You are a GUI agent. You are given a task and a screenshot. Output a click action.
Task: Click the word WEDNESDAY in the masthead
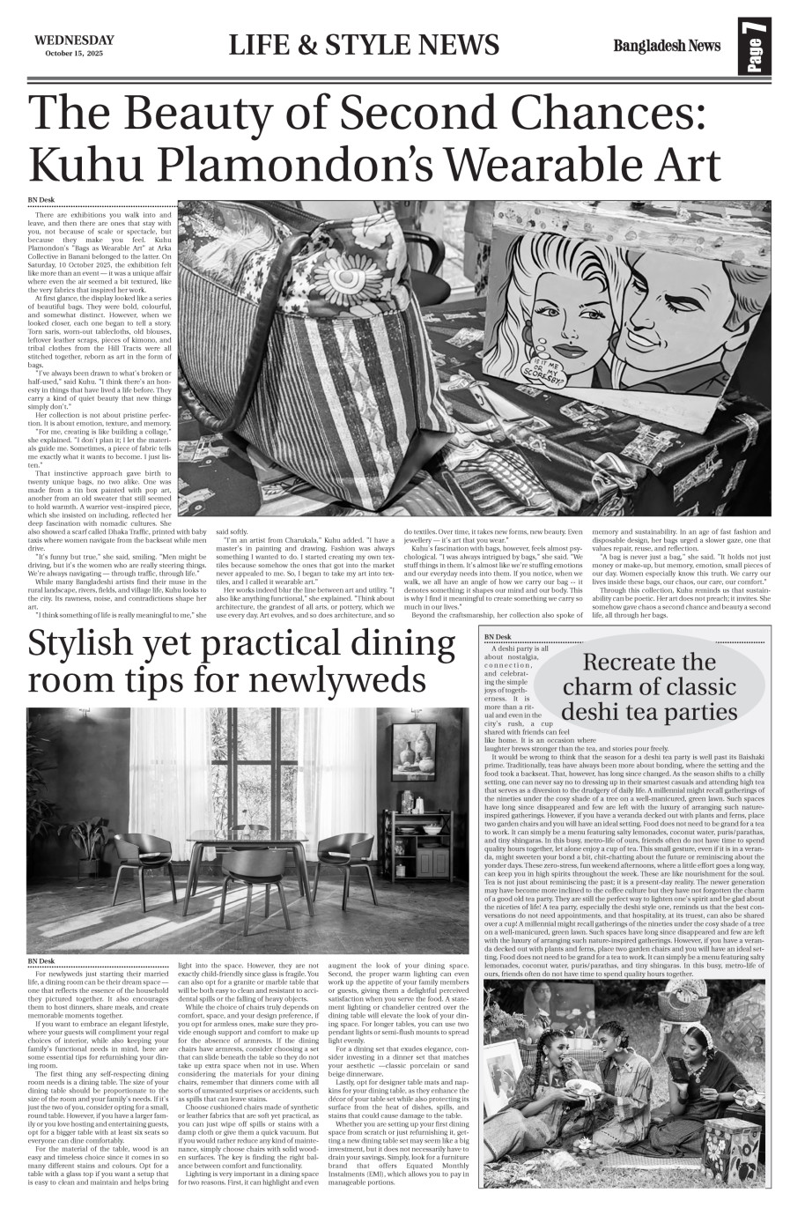(x=75, y=40)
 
